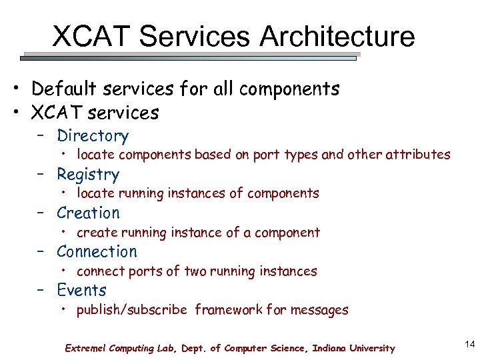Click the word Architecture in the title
337,37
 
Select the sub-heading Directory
93,136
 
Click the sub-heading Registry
88,175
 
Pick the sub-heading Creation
88,213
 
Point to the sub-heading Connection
97,252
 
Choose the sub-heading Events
81,291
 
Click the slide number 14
469,344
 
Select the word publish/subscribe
132,310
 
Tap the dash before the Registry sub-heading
42,175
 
